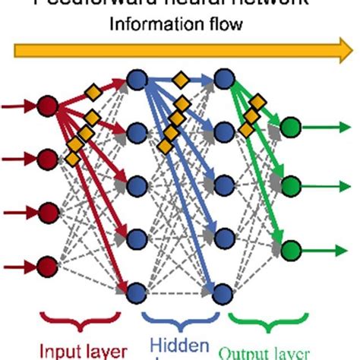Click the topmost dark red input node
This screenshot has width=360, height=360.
click(x=48, y=106)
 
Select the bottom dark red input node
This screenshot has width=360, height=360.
click(x=48, y=266)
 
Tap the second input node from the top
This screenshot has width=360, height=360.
click(x=48, y=159)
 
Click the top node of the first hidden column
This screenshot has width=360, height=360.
click(x=137, y=78)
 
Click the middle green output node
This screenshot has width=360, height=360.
click(x=289, y=185)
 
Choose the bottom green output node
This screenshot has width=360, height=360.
click(x=289, y=247)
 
